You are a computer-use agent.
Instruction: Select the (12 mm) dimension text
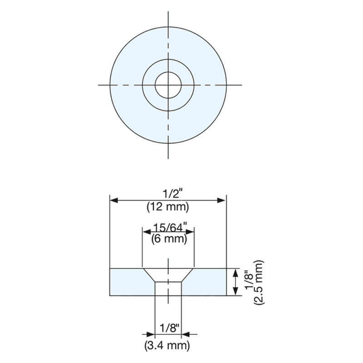click(x=168, y=206)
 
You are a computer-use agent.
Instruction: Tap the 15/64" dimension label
click(x=168, y=227)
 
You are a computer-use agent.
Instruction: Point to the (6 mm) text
click(x=169, y=239)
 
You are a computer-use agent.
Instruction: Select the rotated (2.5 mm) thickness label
click(x=259, y=282)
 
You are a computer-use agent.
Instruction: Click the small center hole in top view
click(x=168, y=84)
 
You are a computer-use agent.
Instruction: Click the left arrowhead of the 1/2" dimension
click(x=113, y=200)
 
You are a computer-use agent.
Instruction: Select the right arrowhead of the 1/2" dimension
click(x=222, y=200)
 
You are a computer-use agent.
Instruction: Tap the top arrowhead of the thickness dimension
click(x=235, y=272)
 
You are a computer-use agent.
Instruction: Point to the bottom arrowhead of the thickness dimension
click(x=235, y=292)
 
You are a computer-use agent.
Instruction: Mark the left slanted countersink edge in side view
click(x=149, y=275)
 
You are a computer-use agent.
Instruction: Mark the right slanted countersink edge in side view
click(x=187, y=275)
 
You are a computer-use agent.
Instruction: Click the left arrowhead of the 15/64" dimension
click(x=146, y=232)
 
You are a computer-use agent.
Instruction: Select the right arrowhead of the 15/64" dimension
click(x=191, y=232)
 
